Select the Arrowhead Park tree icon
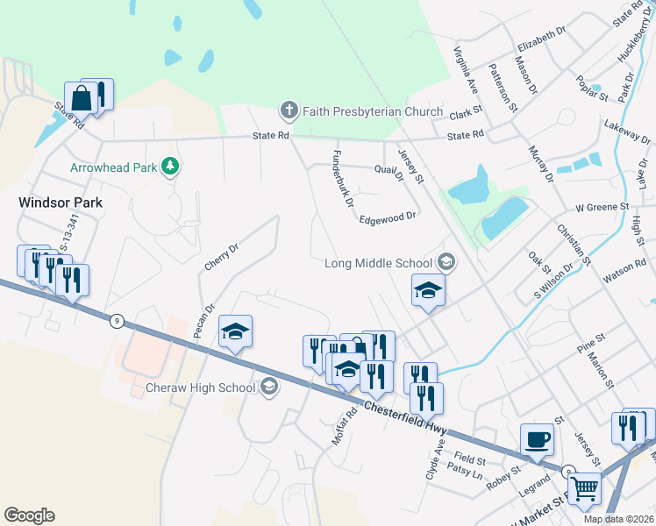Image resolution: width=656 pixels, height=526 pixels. click(x=173, y=166)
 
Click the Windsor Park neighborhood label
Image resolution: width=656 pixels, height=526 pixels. click(x=61, y=203)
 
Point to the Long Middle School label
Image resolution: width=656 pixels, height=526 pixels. click(x=379, y=263)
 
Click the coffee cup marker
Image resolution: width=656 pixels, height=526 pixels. click(x=537, y=437)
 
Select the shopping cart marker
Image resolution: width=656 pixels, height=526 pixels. click(x=584, y=487)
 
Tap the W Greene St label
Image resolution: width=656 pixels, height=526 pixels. click(x=603, y=207)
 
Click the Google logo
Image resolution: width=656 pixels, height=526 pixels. click(x=29, y=515)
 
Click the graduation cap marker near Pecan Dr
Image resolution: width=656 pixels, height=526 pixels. click(x=235, y=331)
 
